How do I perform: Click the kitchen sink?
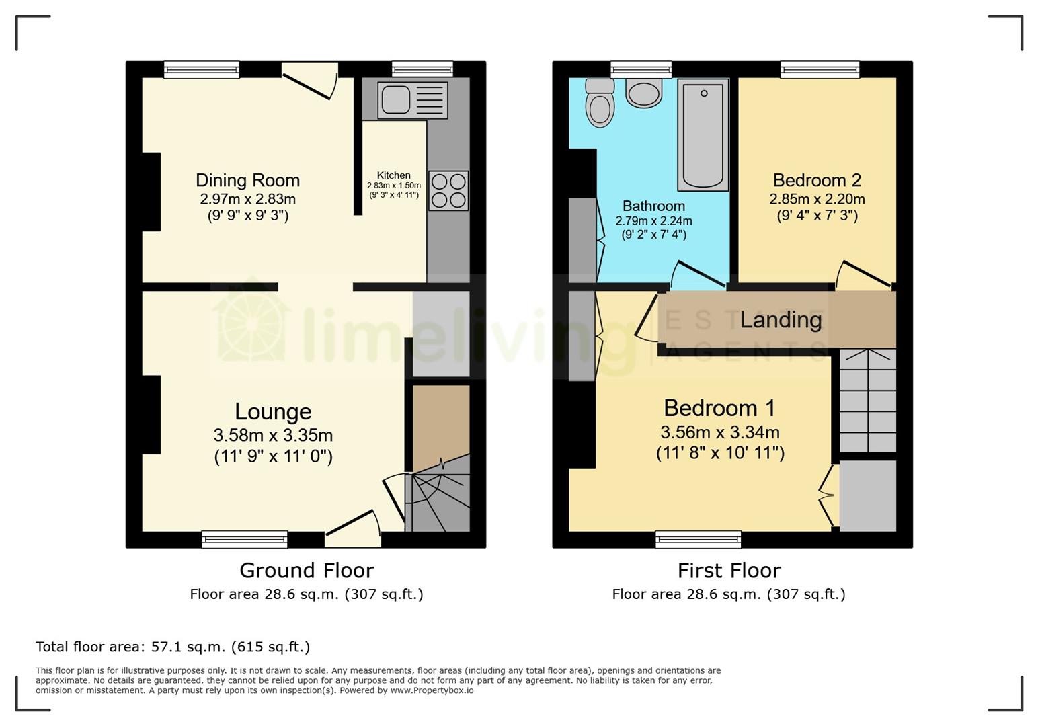pos(412,100)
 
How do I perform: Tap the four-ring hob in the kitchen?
pos(448,191)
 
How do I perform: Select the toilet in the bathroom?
pos(600,104)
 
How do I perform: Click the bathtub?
pos(703,134)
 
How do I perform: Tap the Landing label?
pos(781,319)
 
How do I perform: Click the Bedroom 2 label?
pos(817,180)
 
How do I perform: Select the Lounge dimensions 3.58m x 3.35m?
pos(273,435)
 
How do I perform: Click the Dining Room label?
pos(247,180)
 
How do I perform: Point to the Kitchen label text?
pos(393,175)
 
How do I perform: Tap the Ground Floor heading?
pos(307,571)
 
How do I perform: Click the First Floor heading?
pos(729,571)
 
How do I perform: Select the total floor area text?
pos(173,647)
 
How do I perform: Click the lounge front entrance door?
pos(354,525)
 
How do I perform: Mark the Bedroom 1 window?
pos(698,539)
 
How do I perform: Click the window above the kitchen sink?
pos(422,69)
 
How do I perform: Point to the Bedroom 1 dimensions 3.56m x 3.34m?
pos(720,432)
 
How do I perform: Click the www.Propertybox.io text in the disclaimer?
pos(432,690)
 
